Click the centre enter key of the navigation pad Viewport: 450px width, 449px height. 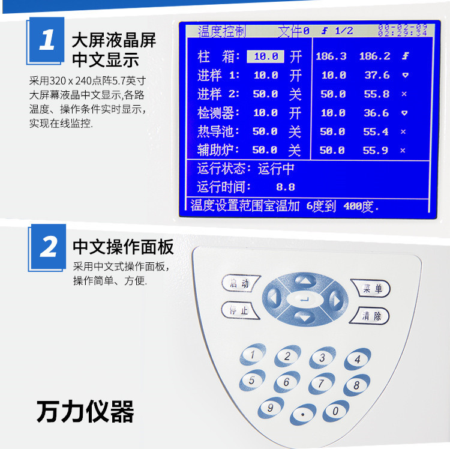pyautogui.click(x=304, y=298)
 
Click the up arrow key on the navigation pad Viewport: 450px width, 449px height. pyautogui.click(x=304, y=280)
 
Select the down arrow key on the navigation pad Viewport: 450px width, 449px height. pyautogui.click(x=304, y=316)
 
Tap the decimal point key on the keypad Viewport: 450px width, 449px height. pyautogui.click(x=303, y=415)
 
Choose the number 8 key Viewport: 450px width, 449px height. pyautogui.click(x=356, y=384)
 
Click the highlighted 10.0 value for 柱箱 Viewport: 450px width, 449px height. pyautogui.click(x=265, y=56)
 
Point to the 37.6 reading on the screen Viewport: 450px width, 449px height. pyautogui.click(x=376, y=75)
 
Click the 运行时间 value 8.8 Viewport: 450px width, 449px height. pyautogui.click(x=285, y=187)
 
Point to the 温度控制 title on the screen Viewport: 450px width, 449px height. pyautogui.click(x=222, y=31)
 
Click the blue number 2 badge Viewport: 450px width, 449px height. pyautogui.click(x=48, y=247)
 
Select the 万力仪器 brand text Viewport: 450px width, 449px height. pyautogui.click(x=85, y=412)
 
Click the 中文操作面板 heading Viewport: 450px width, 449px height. pyautogui.click(x=123, y=247)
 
